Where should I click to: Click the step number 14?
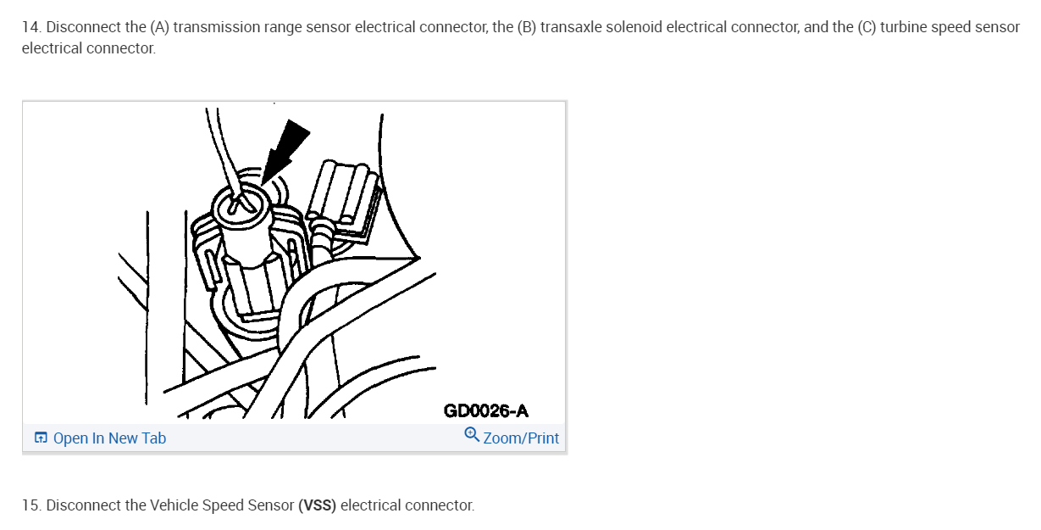[x=30, y=27]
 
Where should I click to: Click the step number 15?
[x=30, y=505]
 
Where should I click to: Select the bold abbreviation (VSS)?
[x=318, y=505]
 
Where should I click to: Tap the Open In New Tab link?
[x=109, y=438]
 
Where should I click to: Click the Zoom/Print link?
[x=521, y=438]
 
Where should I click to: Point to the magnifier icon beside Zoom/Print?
[x=472, y=435]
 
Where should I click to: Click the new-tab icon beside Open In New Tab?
[x=41, y=438]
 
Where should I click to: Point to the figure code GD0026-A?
[x=485, y=411]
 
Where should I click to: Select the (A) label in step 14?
[x=159, y=27]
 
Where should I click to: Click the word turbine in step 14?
[x=904, y=27]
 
